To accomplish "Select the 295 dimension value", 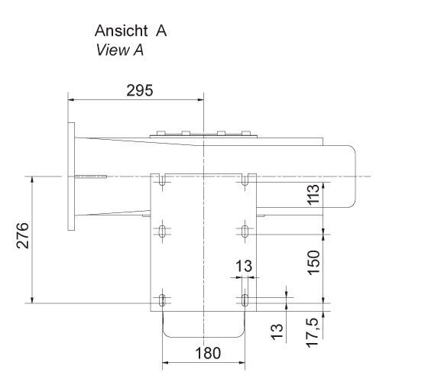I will point(138,90).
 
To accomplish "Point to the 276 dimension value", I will point(23,239).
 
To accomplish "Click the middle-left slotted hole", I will point(163,231).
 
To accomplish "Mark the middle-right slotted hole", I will point(244,231).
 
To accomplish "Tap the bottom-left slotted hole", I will point(163,299).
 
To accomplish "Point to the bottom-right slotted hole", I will point(244,299).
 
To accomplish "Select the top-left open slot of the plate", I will point(163,180).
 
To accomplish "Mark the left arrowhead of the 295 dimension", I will point(71,99).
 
